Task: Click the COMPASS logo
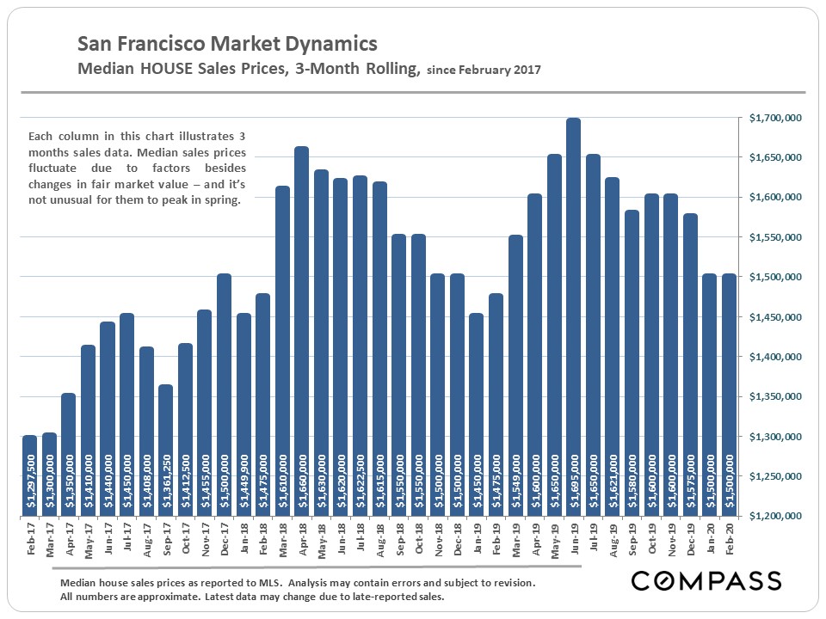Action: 706,580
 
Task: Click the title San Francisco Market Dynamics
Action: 227,44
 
